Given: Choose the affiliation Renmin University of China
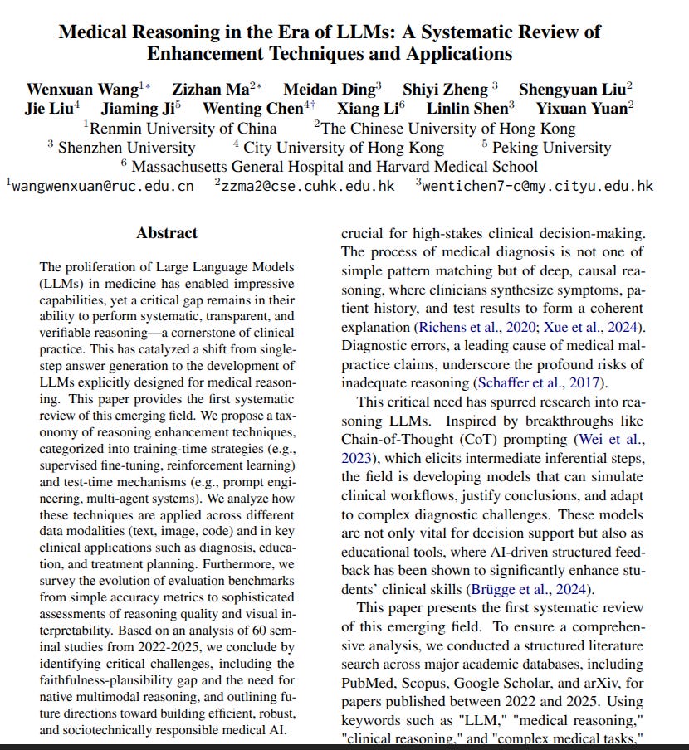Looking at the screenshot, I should (183, 128).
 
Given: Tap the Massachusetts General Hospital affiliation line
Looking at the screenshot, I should (345, 166).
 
